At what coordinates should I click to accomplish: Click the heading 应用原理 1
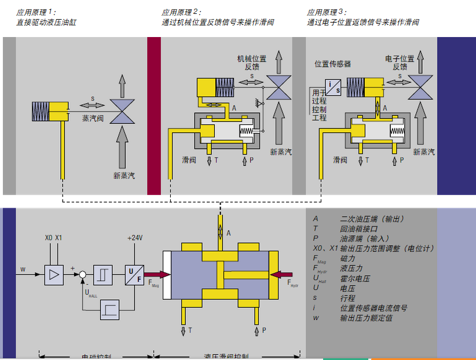(x=36, y=12)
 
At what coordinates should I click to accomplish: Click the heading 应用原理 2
(x=181, y=12)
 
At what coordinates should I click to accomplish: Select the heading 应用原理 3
(x=327, y=12)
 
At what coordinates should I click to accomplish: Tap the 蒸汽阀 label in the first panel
(x=92, y=117)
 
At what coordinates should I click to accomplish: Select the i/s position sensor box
(x=334, y=87)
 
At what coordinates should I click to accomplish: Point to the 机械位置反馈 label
(x=251, y=63)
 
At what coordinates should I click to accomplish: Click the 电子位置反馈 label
(x=400, y=63)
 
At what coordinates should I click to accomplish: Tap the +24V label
(x=134, y=238)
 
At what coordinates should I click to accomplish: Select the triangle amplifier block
(x=54, y=274)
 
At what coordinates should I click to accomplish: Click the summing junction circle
(x=83, y=274)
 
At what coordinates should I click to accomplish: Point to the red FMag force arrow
(x=157, y=274)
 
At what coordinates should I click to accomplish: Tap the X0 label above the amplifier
(x=49, y=238)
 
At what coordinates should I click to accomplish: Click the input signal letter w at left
(x=23, y=269)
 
